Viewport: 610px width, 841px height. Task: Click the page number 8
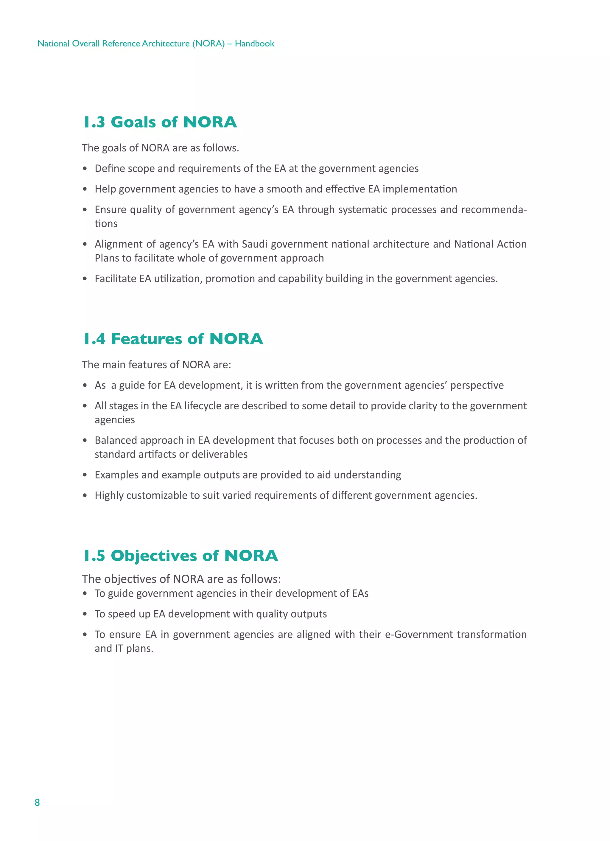pyautogui.click(x=37, y=803)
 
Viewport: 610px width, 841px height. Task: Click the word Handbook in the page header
pyautogui.click(x=254, y=44)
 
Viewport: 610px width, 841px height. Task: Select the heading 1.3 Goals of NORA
pyautogui.click(x=160, y=122)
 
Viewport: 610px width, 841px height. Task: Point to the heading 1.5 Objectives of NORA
pyautogui.click(x=180, y=556)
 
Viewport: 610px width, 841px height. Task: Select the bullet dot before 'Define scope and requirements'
pyautogui.click(x=85, y=169)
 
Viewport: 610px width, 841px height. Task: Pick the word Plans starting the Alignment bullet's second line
pyautogui.click(x=106, y=258)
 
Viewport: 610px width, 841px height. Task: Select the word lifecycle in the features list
pyautogui.click(x=203, y=406)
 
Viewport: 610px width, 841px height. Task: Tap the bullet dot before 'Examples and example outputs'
pyautogui.click(x=85, y=475)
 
